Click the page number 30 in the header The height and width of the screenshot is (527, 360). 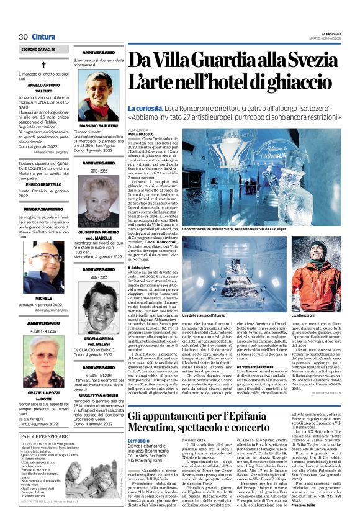click(x=23, y=37)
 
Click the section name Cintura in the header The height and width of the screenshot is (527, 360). click(x=43, y=37)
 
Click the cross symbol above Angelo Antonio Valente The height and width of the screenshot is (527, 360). click(x=44, y=65)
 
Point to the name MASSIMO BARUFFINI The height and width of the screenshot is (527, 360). click(x=99, y=126)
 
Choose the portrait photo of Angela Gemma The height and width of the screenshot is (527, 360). click(x=99, y=309)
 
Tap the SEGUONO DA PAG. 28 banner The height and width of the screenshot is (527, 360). click(x=38, y=48)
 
